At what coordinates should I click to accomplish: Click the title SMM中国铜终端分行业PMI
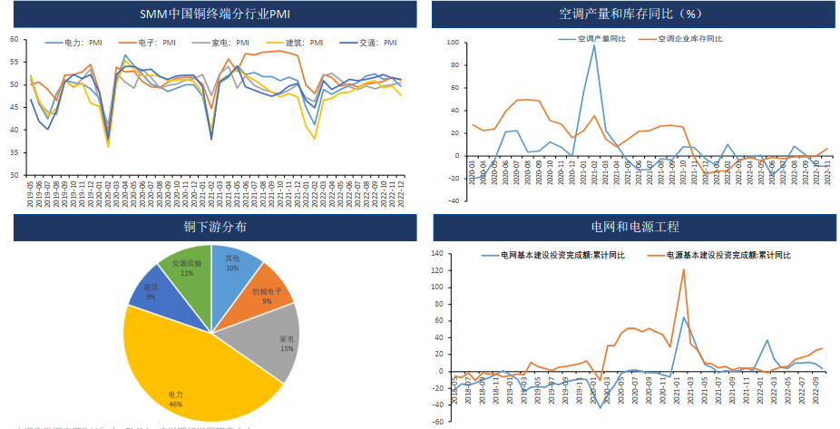click(x=214, y=15)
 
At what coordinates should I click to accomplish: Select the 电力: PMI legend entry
click(x=82, y=42)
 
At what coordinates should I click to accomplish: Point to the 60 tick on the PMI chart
click(x=14, y=39)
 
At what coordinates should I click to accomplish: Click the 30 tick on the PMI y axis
click(x=14, y=175)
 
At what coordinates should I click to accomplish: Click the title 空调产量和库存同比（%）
click(x=631, y=15)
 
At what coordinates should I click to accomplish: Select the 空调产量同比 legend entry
click(x=594, y=39)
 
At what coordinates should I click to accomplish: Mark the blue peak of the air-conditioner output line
click(x=594, y=45)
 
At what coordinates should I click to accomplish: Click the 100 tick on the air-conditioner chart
click(x=454, y=43)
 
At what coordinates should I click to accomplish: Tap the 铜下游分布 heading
click(x=214, y=227)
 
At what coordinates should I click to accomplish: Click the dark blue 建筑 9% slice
click(x=148, y=290)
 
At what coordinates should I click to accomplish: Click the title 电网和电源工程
click(x=631, y=227)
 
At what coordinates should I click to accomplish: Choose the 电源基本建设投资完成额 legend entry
click(x=726, y=255)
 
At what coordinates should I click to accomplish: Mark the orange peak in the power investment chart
click(x=683, y=269)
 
